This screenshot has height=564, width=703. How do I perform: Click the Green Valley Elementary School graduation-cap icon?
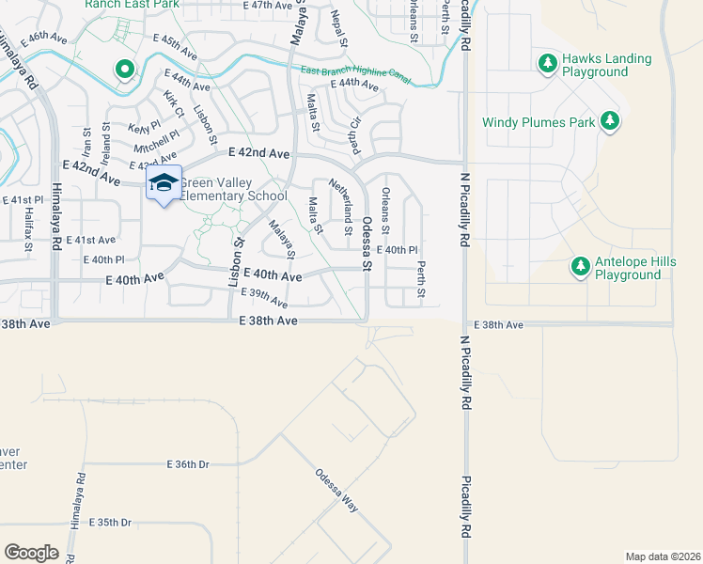[x=164, y=183]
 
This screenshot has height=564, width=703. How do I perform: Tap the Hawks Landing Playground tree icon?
[x=547, y=64]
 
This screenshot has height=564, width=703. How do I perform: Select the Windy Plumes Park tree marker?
[x=610, y=121]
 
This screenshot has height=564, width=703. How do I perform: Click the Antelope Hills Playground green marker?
[x=581, y=268]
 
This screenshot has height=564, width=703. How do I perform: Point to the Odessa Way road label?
[x=337, y=489]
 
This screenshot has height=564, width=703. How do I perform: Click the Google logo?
[x=31, y=552]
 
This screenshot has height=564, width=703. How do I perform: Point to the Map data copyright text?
[x=662, y=556]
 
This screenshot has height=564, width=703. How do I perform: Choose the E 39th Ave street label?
[x=263, y=299]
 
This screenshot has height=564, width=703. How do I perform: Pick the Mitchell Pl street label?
[x=156, y=141]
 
